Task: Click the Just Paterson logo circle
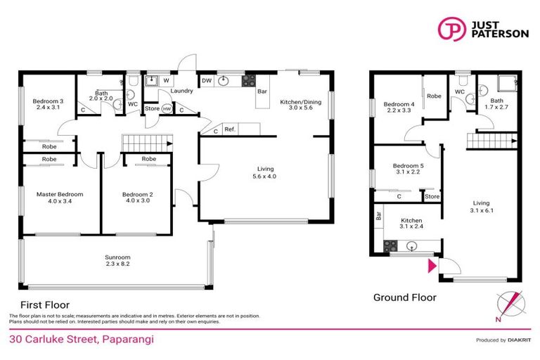point(451,29)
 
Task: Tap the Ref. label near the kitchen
point(230,129)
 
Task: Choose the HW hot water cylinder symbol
point(167,109)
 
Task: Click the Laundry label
point(182,91)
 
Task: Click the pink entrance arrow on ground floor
point(431,266)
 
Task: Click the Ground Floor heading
point(404,297)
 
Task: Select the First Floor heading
point(44,305)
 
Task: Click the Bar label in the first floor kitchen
point(262,92)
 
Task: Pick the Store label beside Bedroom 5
point(432,197)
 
